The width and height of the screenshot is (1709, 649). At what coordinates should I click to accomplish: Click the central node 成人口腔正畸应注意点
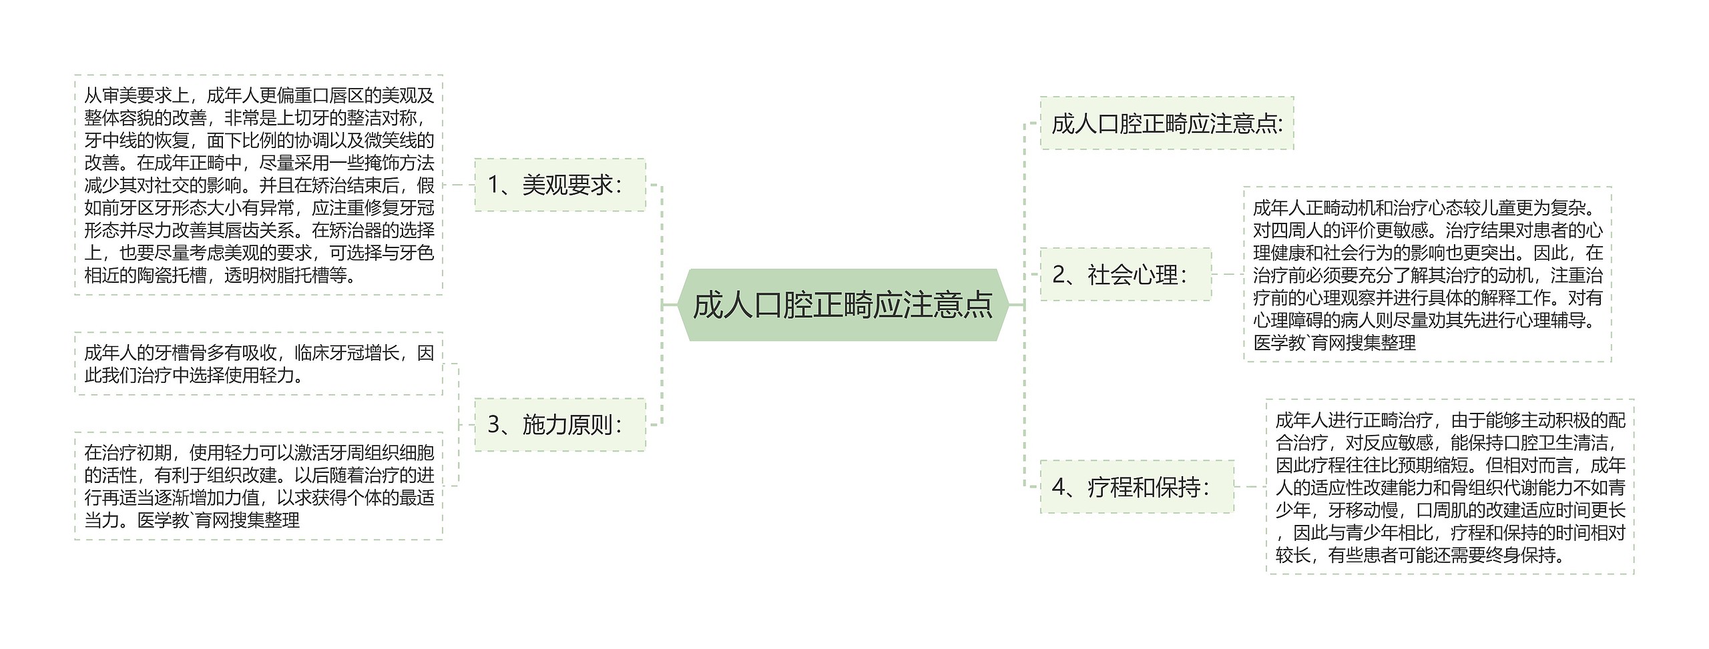[x=842, y=305]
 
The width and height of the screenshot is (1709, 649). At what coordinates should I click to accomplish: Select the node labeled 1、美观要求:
[x=559, y=185]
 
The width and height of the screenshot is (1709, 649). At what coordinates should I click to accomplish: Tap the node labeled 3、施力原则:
[x=559, y=424]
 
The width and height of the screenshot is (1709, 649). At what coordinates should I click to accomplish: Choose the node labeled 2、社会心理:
[x=1125, y=274]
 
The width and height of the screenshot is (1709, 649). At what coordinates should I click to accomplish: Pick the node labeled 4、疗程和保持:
[x=1136, y=487]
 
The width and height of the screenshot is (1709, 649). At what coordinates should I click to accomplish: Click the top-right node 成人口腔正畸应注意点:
[x=1166, y=123]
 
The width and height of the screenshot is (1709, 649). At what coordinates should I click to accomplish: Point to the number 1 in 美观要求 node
[x=494, y=185]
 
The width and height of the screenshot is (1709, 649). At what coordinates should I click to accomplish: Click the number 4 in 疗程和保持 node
[x=1059, y=487]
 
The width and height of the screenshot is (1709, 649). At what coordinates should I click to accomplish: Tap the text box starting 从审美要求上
[x=258, y=185]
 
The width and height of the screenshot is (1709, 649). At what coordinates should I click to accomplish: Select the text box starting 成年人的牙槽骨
[x=258, y=364]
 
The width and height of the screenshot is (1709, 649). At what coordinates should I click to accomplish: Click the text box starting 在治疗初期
[x=258, y=486]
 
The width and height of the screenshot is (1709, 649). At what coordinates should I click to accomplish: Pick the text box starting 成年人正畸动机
[x=1427, y=274]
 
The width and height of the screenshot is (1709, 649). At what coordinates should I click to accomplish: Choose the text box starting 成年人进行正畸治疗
[x=1449, y=487]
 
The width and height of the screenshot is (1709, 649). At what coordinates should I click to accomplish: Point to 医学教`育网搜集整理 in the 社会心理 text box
[x=1334, y=343]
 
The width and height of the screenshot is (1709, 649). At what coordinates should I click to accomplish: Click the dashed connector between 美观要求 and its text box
[x=458, y=185]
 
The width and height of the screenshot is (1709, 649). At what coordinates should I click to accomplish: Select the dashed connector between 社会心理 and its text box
[x=1227, y=274]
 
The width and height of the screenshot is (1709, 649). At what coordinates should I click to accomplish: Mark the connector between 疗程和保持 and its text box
[x=1250, y=487]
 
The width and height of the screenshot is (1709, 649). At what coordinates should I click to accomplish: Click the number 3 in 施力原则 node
[x=494, y=424]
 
